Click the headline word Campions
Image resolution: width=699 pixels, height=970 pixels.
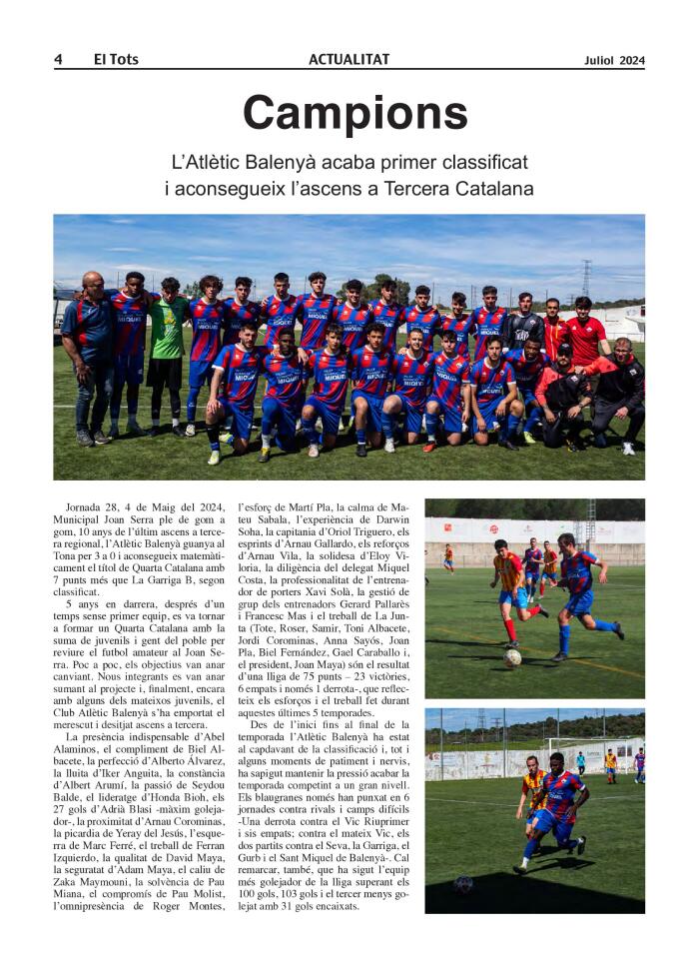pyautogui.click(x=354, y=113)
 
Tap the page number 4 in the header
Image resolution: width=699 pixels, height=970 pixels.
pyautogui.click(x=58, y=60)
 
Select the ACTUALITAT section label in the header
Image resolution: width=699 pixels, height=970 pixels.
pyautogui.click(x=349, y=60)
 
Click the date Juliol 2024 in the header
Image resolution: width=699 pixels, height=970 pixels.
pyautogui.click(x=614, y=60)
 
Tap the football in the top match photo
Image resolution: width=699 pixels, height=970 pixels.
pyautogui.click(x=512, y=657)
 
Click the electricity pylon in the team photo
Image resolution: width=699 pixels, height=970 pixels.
pyautogui.click(x=586, y=279)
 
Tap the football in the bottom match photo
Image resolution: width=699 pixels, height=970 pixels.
pyautogui.click(x=462, y=884)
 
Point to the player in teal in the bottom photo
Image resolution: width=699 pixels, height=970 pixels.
pyautogui.click(x=580, y=763)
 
